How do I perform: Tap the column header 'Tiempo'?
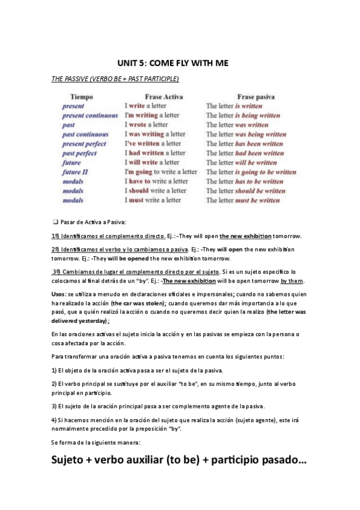coord(81,96)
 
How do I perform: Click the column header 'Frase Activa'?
coord(164,96)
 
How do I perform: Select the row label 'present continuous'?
coord(90,115)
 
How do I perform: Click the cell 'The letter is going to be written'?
coord(251,171)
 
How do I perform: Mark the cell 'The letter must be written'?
coord(243,200)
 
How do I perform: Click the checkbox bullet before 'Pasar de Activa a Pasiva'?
coord(55,222)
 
